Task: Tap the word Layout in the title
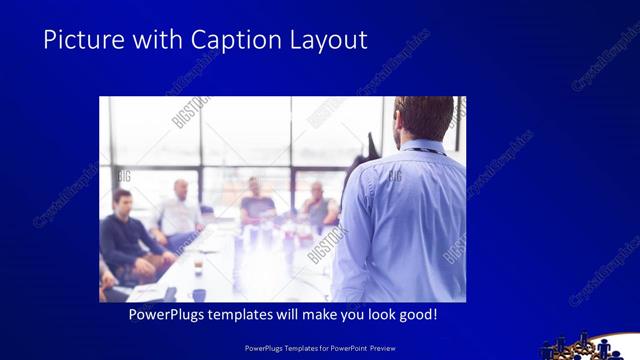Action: pos(326,40)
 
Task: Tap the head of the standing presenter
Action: pos(424,118)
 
